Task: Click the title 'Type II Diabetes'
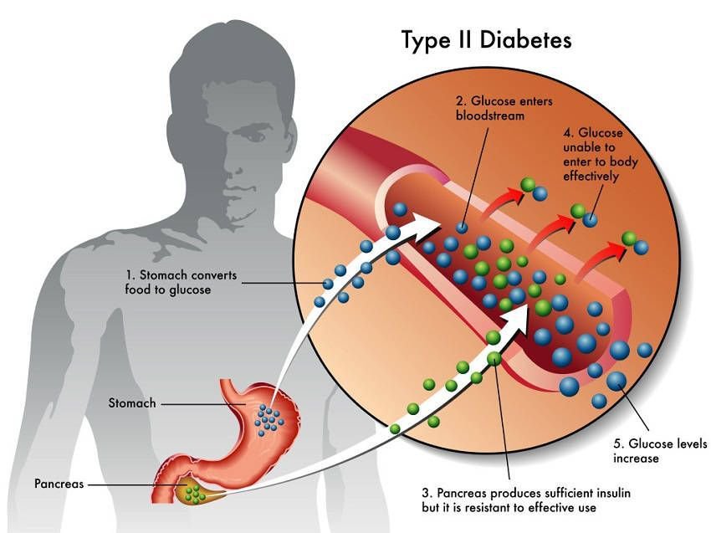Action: tap(487, 39)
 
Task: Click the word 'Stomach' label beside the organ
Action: tap(132, 403)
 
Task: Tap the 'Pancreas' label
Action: tap(59, 484)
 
